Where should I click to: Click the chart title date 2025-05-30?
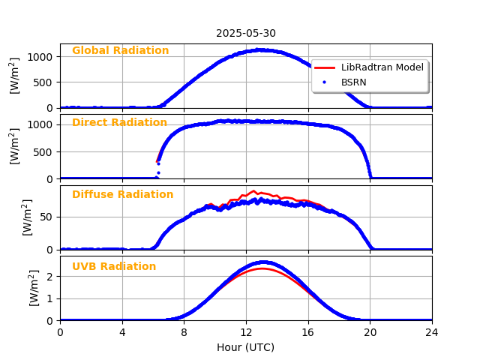point(246,33)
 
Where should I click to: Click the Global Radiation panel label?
point(120,51)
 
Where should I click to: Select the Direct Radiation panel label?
point(119,123)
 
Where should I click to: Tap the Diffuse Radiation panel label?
point(122,195)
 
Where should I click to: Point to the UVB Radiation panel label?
point(114,267)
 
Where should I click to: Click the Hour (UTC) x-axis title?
point(246,347)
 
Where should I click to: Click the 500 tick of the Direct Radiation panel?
point(43,151)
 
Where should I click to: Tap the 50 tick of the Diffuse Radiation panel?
point(46,217)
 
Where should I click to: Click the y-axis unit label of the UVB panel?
point(34,288)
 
